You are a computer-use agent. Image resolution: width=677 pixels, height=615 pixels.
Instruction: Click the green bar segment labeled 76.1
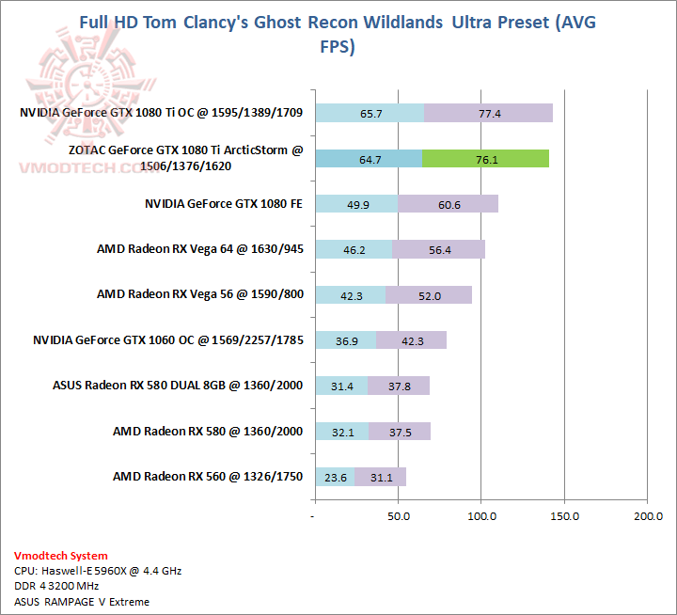[x=485, y=159]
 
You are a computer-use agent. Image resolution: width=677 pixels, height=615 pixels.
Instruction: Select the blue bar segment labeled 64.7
[x=369, y=159]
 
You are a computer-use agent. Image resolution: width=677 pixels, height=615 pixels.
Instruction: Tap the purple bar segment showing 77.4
[x=489, y=114]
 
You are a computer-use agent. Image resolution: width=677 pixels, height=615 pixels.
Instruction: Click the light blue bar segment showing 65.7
[x=370, y=114]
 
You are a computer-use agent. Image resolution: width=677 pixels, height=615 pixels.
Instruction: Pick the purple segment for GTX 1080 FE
[x=448, y=204]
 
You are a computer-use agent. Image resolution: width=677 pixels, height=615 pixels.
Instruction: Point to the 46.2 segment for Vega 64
[x=354, y=249]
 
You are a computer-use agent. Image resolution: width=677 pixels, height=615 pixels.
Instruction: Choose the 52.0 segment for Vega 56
[x=429, y=294]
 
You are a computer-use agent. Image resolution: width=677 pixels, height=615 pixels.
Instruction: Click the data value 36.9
[x=347, y=340]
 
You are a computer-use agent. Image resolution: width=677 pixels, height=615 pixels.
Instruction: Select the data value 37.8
[x=400, y=386]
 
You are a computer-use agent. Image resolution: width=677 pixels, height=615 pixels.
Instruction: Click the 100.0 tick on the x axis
[x=481, y=516]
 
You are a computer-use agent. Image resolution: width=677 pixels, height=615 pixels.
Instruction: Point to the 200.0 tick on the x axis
[x=648, y=516]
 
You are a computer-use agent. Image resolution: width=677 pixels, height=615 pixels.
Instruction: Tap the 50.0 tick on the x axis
[x=398, y=516]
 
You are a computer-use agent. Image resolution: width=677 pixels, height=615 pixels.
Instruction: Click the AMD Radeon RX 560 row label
[x=207, y=477]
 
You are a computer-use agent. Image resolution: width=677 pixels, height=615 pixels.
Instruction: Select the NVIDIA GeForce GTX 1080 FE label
[x=224, y=204]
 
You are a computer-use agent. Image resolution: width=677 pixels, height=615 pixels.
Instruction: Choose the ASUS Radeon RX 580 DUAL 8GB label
[x=179, y=386]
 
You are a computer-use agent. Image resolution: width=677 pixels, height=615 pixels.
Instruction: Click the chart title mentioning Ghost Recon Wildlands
[x=338, y=34]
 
